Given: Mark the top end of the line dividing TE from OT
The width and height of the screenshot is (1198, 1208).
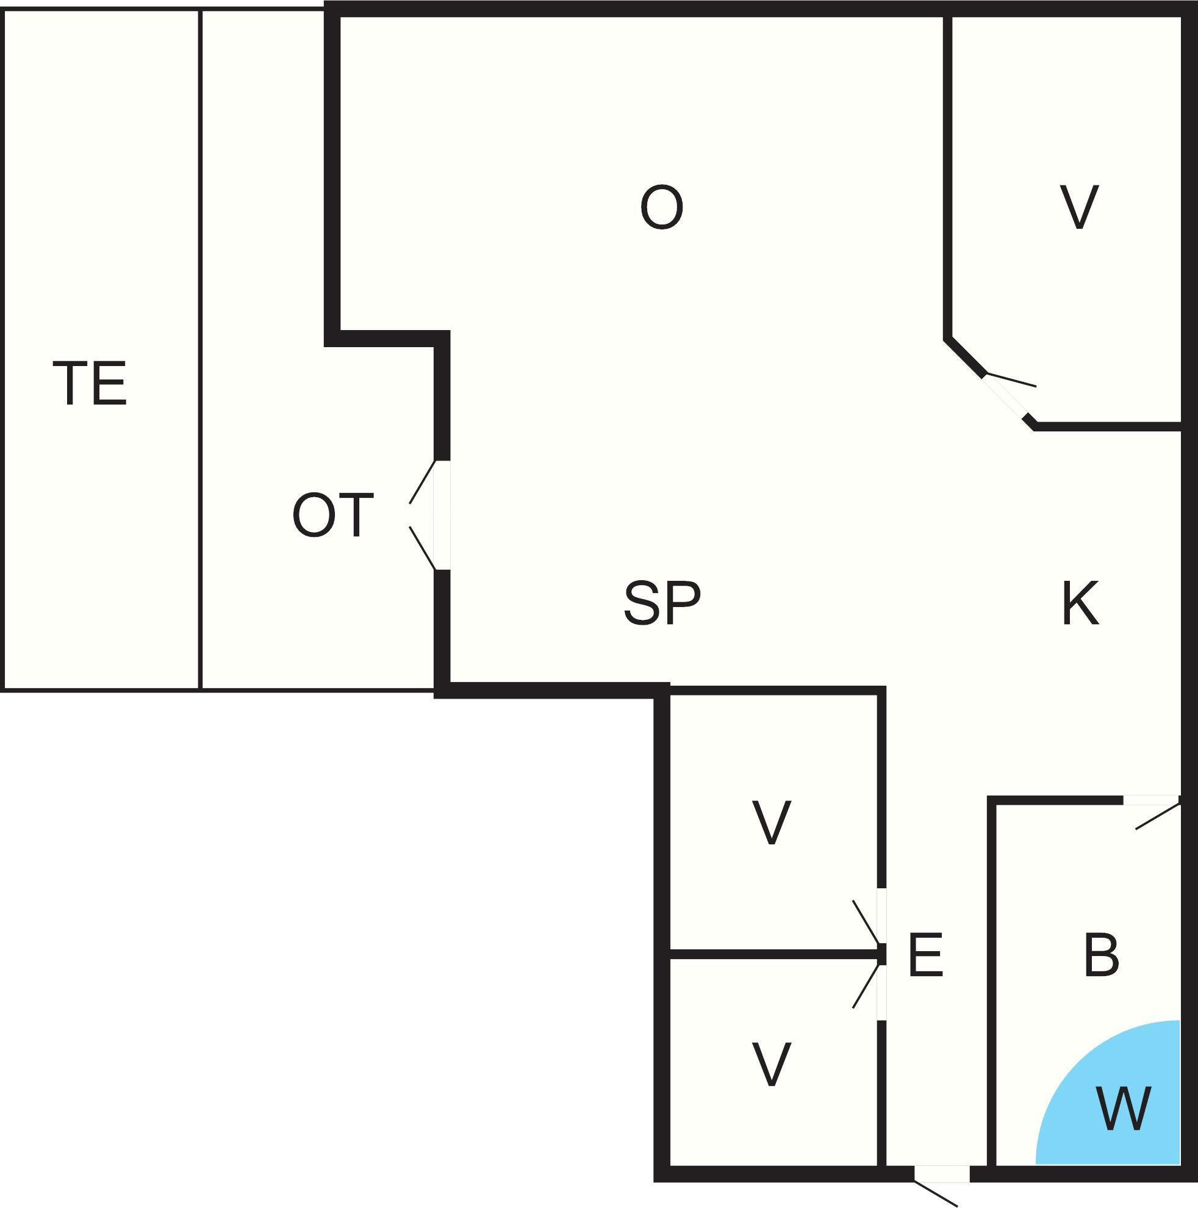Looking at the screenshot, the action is (200, 10).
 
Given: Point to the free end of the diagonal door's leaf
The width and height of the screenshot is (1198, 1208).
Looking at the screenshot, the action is (1036, 386).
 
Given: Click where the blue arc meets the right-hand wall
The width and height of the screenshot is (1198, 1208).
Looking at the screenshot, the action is (1180, 1021).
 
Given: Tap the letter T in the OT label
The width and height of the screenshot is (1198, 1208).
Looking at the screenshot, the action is (356, 515).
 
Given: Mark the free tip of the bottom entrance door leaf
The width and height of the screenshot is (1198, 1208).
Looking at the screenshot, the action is (957, 1205).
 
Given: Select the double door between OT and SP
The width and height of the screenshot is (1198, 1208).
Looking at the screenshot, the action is (429, 515).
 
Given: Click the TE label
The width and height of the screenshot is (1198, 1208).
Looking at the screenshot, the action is (90, 383).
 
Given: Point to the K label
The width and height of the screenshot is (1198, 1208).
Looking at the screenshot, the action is (1080, 603).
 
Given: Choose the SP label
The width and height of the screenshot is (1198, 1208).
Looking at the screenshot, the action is (662, 603).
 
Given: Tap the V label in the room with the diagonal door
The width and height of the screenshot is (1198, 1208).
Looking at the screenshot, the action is (1080, 207).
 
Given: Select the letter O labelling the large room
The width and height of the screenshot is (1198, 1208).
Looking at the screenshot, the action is (662, 207).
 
